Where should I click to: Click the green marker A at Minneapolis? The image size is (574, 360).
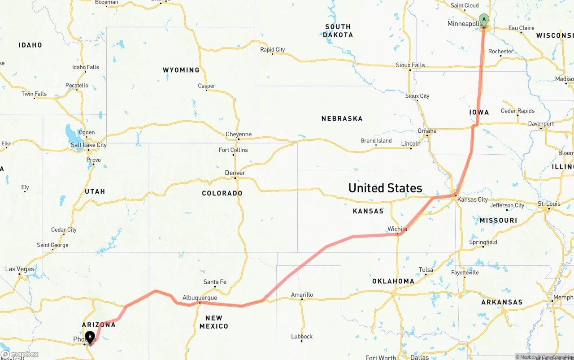click(484, 20)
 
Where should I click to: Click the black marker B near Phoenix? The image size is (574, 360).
click(90, 337)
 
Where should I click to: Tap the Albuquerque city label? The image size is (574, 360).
click(200, 298)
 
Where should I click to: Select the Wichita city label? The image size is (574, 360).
click(397, 229)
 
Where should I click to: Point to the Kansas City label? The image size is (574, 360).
click(472, 200)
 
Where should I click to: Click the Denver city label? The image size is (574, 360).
click(235, 173)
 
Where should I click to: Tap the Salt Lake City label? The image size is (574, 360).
click(89, 145)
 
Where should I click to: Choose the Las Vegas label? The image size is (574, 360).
click(20, 269)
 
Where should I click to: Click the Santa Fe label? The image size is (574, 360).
click(215, 282)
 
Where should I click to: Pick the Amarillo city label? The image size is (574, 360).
click(302, 295)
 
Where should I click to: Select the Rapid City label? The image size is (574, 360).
click(273, 50)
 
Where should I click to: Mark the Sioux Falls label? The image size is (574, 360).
click(410, 65)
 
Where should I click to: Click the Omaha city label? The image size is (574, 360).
click(427, 131)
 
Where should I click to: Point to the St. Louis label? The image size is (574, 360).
click(549, 204)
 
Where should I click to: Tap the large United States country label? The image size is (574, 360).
click(385, 188)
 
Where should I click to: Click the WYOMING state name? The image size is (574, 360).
click(181, 70)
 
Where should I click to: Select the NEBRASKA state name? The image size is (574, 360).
click(342, 119)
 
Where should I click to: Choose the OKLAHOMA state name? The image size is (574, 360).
click(393, 281)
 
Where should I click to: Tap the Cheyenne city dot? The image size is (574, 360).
click(239, 139)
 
